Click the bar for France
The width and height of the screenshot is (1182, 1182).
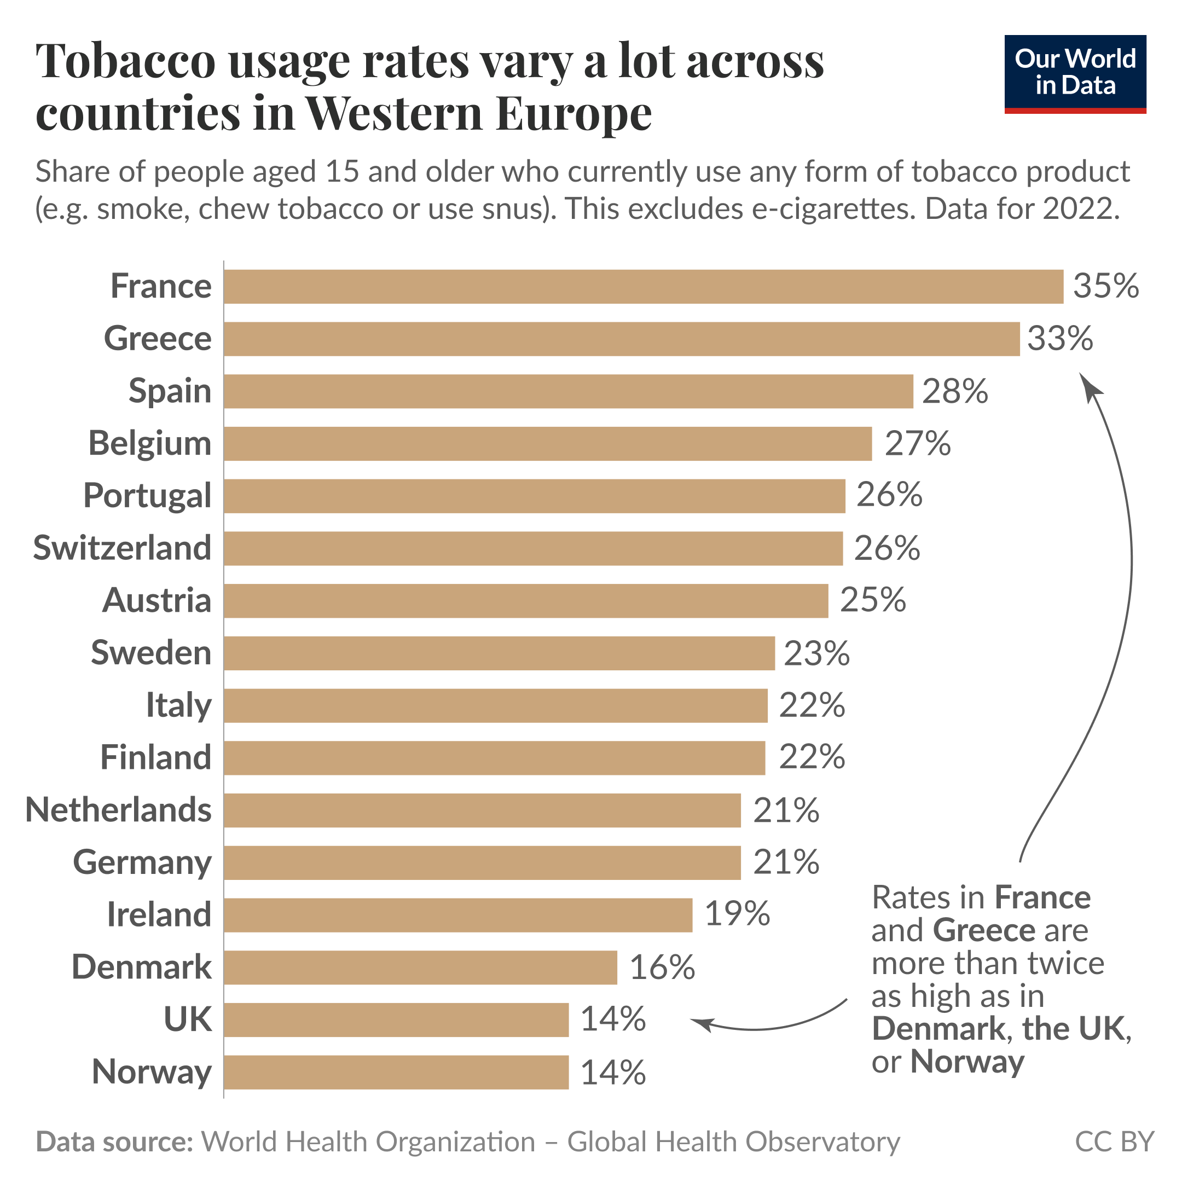642,286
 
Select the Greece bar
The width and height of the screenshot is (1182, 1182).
621,339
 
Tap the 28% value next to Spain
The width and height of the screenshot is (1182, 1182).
954,392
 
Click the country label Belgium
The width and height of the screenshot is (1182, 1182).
150,444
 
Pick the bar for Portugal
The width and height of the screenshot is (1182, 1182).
534,496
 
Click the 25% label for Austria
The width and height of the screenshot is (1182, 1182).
872,600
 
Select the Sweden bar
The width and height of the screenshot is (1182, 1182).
499,653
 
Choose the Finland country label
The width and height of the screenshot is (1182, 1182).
155,758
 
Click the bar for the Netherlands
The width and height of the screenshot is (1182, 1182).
482,810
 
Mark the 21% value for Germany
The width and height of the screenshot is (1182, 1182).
786,862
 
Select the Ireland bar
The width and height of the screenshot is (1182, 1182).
457,916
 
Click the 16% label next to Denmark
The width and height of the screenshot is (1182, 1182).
662,968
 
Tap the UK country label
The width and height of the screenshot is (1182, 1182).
187,1020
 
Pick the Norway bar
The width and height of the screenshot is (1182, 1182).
396,1073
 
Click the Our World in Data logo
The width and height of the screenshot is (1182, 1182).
1075,74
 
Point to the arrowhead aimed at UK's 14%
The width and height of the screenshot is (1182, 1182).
699,1022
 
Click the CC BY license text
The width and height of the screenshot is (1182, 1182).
1114,1142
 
